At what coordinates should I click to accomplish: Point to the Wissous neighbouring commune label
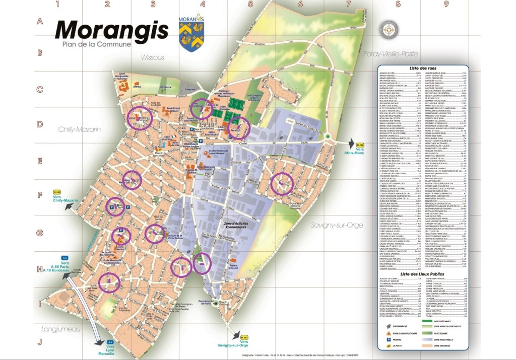pos(152,57)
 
